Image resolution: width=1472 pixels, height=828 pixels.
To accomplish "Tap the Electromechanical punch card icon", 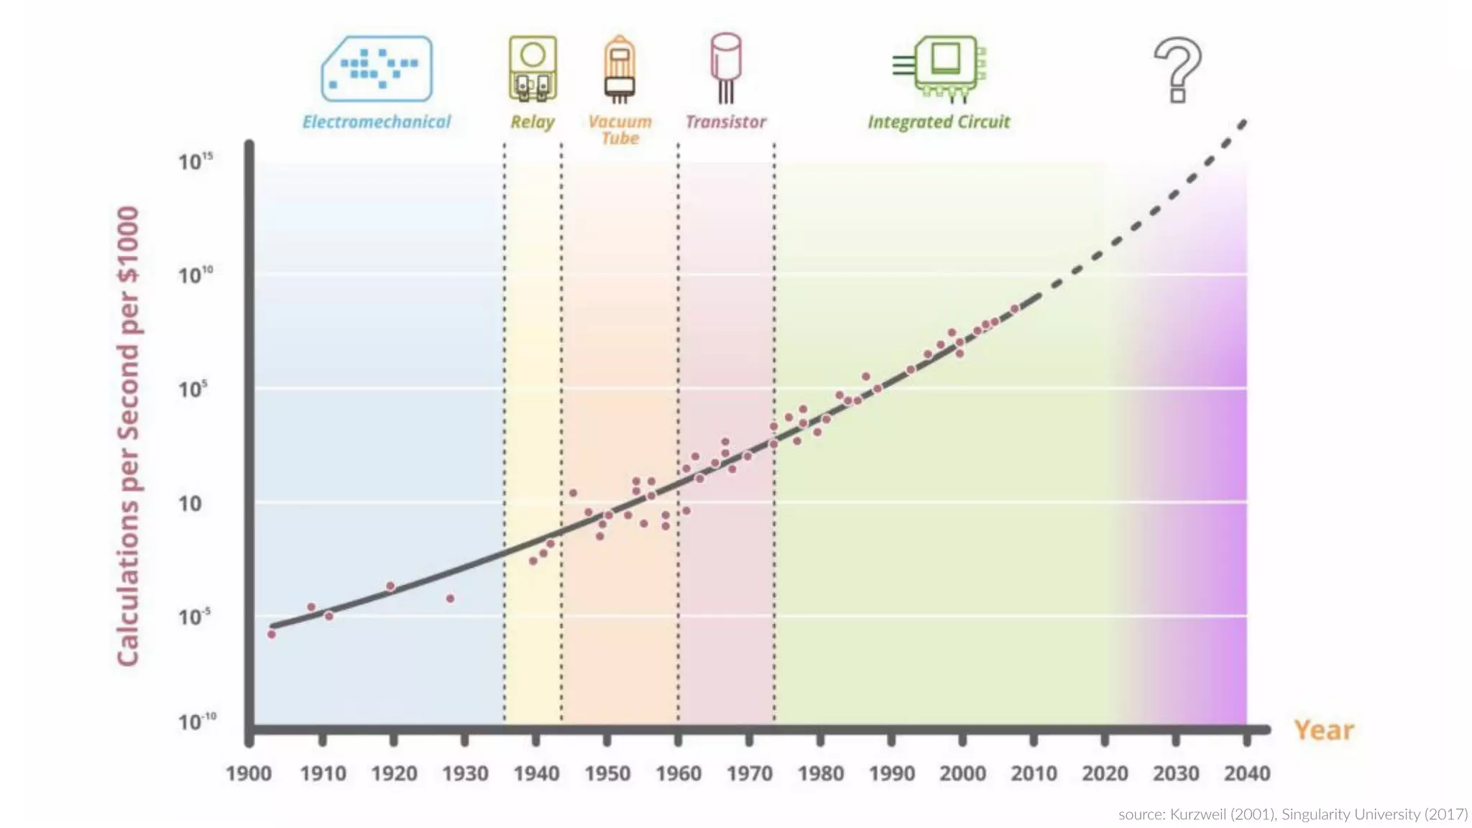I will tap(377, 68).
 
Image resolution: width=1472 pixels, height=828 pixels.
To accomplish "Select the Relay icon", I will tap(533, 68).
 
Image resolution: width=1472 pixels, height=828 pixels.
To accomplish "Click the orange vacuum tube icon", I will tap(619, 69).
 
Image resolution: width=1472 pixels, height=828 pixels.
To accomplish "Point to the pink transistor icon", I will tap(726, 66).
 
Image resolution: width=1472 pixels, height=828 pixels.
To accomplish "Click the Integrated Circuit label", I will tap(939, 122).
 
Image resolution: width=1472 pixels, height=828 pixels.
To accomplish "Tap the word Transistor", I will tap(726, 122).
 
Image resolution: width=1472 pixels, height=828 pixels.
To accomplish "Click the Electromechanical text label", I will tap(377, 122).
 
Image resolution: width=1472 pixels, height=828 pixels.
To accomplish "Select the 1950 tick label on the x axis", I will tap(607, 774).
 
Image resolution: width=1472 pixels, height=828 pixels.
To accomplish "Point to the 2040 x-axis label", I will tap(1247, 774).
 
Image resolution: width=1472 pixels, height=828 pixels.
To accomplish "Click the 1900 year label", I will tap(249, 774).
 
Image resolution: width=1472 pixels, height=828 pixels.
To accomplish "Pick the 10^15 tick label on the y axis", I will tap(195, 161).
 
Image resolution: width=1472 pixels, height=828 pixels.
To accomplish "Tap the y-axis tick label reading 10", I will tap(190, 504).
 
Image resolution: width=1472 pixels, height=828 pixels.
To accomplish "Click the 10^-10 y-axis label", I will tap(196, 722).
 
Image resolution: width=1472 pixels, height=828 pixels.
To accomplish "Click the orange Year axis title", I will tap(1324, 730).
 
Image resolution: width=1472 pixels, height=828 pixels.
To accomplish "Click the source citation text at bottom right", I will tap(1292, 814).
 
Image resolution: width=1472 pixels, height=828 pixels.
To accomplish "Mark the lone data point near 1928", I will tap(450, 598).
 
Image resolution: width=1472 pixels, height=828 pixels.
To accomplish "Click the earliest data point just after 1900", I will tap(272, 634).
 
